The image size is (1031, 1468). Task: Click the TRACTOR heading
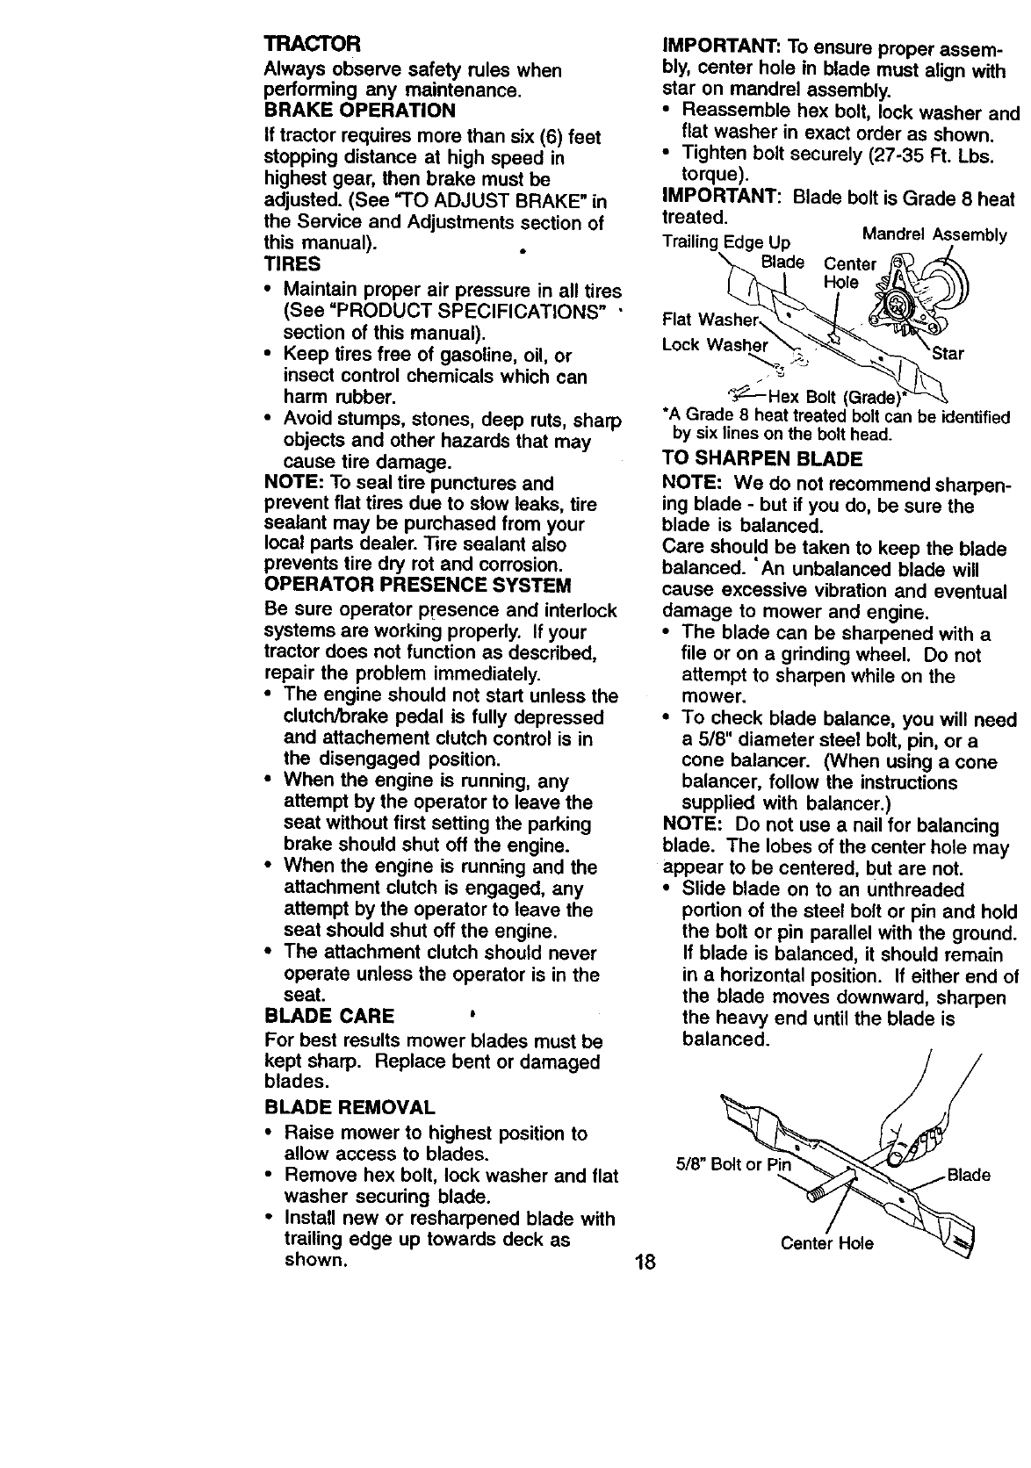(x=299, y=44)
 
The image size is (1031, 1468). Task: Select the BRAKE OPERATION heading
(x=360, y=111)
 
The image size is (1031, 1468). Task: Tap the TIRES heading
(x=292, y=264)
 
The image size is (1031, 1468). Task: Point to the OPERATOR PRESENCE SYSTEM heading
(x=417, y=586)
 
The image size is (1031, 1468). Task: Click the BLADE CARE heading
(x=329, y=1017)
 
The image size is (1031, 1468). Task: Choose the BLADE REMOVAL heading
(x=350, y=1106)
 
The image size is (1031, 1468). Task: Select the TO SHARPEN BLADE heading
(x=762, y=459)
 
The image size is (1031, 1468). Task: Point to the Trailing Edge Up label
(x=726, y=242)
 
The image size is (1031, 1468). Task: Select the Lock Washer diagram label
(x=715, y=345)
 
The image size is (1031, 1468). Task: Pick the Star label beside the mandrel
(x=948, y=355)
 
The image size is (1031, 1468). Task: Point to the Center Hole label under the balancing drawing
(x=827, y=1243)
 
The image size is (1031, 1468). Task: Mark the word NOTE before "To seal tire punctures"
(x=291, y=484)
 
